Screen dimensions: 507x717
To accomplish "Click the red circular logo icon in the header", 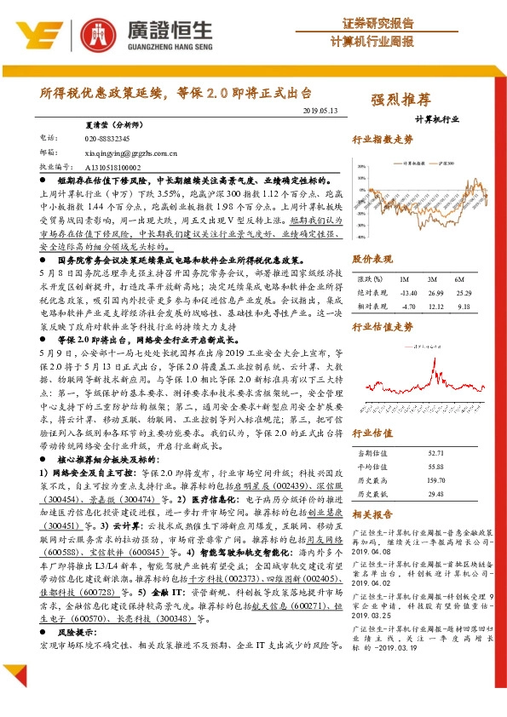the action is click(x=95, y=34).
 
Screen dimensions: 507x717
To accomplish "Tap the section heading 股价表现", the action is click(x=372, y=258).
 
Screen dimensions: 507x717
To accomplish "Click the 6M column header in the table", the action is click(x=459, y=279).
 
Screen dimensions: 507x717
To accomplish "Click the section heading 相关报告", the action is click(x=372, y=514).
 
